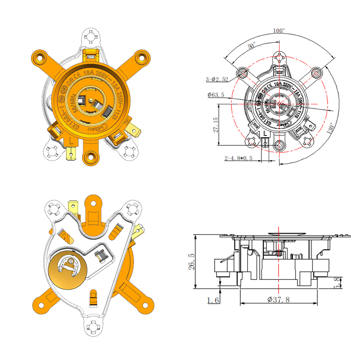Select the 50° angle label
(x=251, y=46)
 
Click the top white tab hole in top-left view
(x=92, y=35)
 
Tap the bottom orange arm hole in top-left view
(x=92, y=157)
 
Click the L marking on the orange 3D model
(x=72, y=140)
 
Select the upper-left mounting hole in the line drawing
(x=243, y=72)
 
